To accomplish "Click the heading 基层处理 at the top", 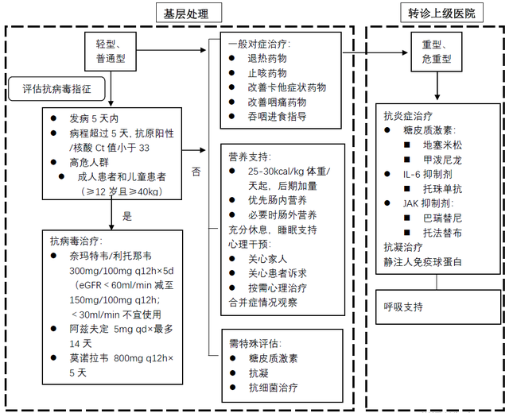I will click(181, 13).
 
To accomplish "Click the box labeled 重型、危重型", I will click(436, 52).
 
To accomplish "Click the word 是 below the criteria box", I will click(126, 215).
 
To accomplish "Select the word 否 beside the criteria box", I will click(196, 171).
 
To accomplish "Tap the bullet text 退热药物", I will click(266, 59).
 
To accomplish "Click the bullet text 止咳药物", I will click(266, 73).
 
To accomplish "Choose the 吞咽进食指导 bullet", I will click(278, 116).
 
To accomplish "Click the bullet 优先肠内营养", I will click(278, 201).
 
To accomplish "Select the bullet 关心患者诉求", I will click(278, 273).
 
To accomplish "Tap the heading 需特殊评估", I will click(254, 344).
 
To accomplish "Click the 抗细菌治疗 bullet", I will click(272, 388).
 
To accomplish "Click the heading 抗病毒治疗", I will click(76, 241).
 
